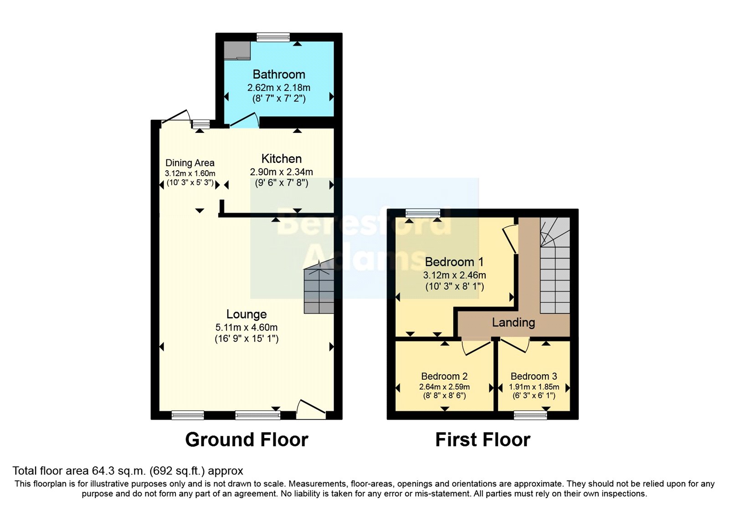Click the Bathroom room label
279,74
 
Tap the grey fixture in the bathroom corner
237,50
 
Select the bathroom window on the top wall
273,37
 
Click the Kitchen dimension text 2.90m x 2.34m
281,172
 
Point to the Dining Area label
190,163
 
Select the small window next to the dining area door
200,124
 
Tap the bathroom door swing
245,120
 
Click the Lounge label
246,314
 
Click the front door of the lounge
311,410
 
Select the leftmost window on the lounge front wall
188,415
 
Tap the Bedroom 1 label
454,262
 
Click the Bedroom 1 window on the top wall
423,213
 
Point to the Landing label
513,322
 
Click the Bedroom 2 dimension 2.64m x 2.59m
444,387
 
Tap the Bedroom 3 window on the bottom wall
530,415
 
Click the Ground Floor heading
246,439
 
